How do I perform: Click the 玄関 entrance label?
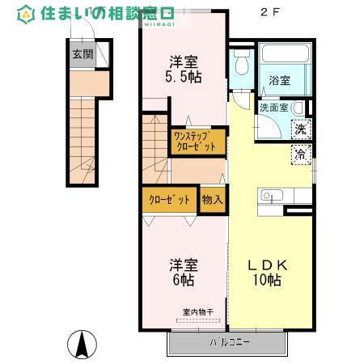[83, 55]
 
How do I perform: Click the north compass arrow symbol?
[81, 345]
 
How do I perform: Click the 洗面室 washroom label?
[274, 107]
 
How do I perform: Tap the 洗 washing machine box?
[300, 128]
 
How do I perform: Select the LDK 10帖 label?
[263, 273]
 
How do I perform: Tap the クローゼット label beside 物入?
[170, 199]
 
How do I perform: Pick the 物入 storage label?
[212, 199]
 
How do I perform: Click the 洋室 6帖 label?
[183, 272]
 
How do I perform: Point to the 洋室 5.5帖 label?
[184, 69]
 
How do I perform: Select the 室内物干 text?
[197, 312]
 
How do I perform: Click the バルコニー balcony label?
[231, 341]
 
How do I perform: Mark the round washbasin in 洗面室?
[298, 108]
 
